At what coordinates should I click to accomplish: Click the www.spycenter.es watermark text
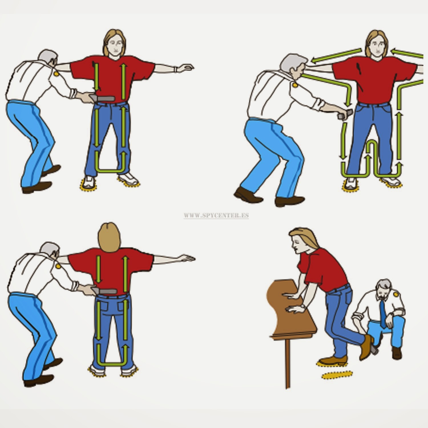216,215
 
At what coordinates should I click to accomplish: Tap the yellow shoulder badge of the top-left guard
56,74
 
